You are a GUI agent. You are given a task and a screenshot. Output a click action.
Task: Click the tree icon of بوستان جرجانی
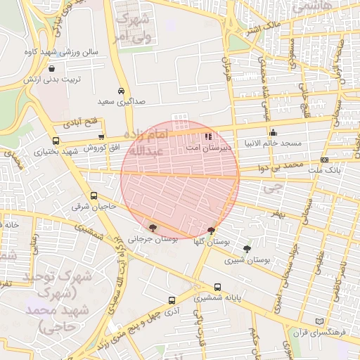point(153,227)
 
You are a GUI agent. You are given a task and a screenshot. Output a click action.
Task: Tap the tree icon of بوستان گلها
point(212,230)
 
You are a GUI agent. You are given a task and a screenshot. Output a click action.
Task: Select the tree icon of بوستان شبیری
point(247,248)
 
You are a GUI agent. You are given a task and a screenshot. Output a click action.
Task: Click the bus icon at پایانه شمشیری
point(217,287)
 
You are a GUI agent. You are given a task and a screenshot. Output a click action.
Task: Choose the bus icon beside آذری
point(172,300)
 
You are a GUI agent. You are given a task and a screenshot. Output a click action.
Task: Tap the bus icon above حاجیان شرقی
point(94,196)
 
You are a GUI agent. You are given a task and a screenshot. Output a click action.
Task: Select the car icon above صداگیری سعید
point(122,91)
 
